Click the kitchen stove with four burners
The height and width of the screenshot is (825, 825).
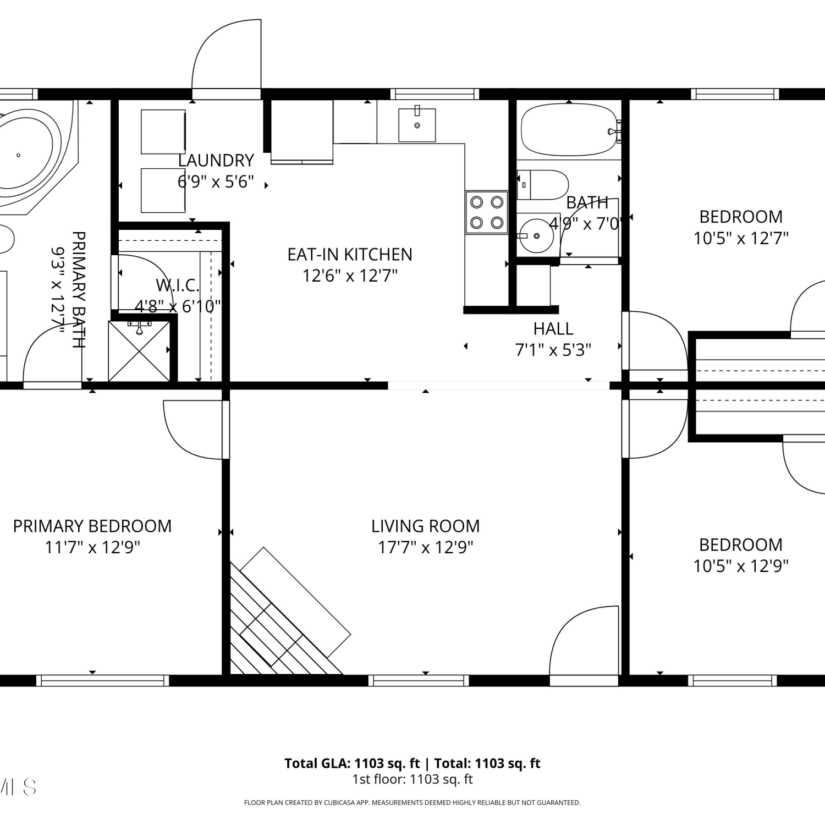[x=486, y=212]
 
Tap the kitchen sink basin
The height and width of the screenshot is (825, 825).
[x=417, y=125]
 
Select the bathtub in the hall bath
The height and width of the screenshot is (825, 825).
[x=569, y=130]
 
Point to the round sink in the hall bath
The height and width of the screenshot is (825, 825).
[x=536, y=236]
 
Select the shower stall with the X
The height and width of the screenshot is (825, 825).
[x=139, y=351]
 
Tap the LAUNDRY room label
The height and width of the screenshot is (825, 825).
[x=216, y=161]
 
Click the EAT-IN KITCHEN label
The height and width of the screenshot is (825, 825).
[x=350, y=255]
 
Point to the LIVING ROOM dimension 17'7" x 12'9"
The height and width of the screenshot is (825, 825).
[x=426, y=548]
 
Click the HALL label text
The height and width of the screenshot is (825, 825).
[x=553, y=329]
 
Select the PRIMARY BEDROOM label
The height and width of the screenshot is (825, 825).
[x=92, y=526]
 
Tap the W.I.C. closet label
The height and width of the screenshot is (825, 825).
[x=178, y=285]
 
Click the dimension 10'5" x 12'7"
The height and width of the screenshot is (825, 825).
[x=741, y=239]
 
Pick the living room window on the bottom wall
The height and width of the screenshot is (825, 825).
[x=419, y=680]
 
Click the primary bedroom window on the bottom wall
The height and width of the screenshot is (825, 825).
[x=103, y=680]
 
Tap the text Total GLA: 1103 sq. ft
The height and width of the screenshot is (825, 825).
[x=352, y=763]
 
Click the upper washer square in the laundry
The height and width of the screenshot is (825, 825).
[x=163, y=132]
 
